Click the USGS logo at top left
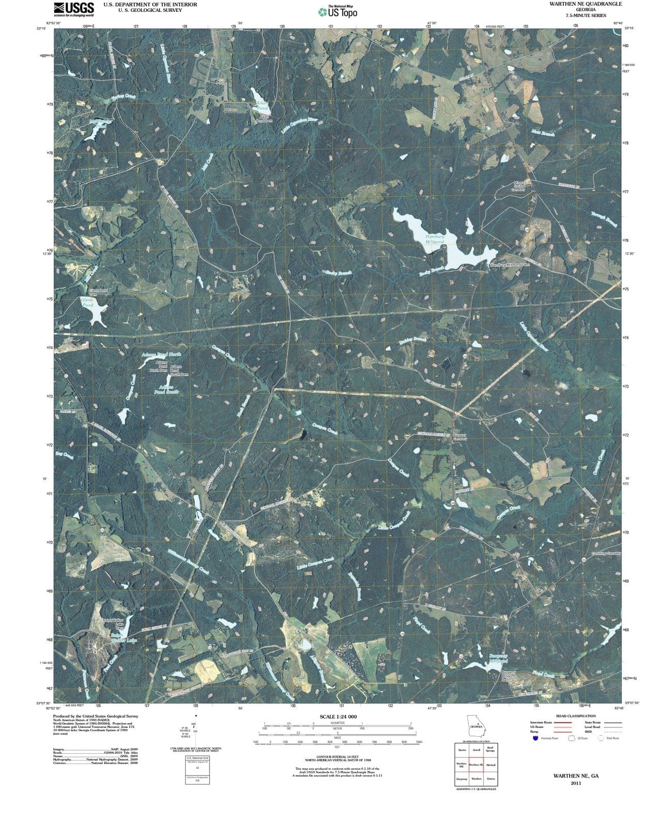coord(74,9)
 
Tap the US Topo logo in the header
coord(338,11)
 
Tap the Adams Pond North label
coord(161,355)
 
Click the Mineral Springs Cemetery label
coord(518,186)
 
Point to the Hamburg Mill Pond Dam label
coord(509,265)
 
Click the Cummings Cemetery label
coord(606,553)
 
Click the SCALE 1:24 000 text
coord(338,717)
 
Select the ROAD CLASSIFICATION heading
coord(575,716)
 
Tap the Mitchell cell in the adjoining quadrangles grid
coord(490,765)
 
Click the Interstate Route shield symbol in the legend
coord(536,738)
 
